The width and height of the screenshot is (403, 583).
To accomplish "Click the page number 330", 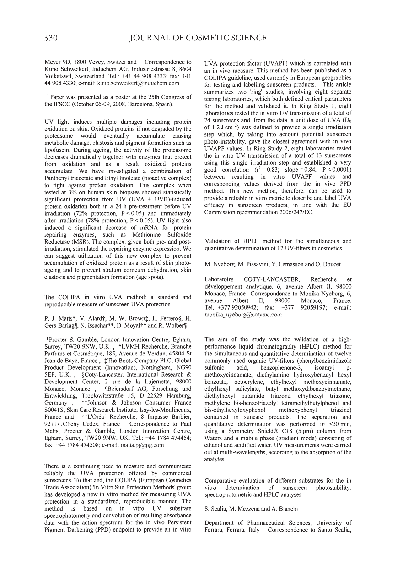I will click(x=51, y=38).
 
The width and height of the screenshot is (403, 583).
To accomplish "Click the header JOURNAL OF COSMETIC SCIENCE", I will click(x=198, y=38).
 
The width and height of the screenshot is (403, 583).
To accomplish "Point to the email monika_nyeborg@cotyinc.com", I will click(x=243, y=315).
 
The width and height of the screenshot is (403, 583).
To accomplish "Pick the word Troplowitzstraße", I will click(x=102, y=395).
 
